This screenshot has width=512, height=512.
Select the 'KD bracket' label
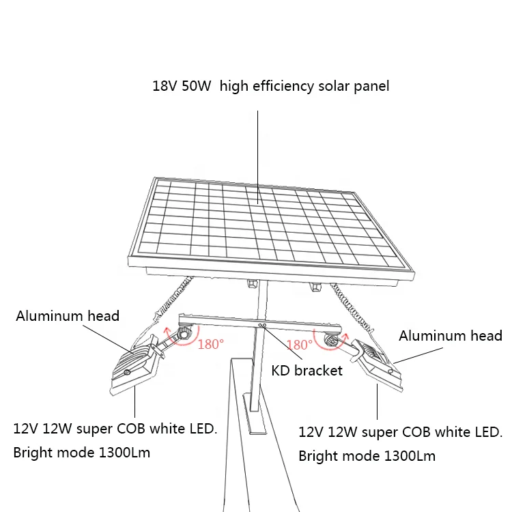click(x=307, y=371)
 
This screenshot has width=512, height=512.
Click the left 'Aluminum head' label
click(x=68, y=315)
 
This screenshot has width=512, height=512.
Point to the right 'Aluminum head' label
click(x=451, y=335)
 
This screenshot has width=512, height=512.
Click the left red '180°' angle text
click(x=210, y=344)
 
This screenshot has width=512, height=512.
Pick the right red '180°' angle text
click(x=299, y=345)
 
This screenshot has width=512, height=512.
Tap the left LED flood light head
click(x=133, y=369)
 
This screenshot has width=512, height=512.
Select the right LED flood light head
click(x=378, y=369)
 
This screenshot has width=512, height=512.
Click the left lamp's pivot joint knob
click(x=184, y=334)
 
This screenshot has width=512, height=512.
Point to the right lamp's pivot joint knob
click(x=332, y=341)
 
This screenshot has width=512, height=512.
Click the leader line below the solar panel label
click(x=257, y=150)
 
